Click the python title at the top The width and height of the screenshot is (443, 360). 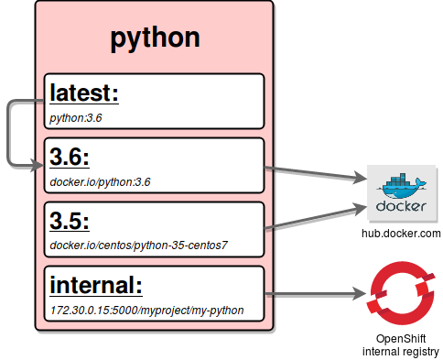tap(155, 38)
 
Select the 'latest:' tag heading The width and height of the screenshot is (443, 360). tap(85, 93)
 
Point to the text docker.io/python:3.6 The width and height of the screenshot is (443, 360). tap(101, 181)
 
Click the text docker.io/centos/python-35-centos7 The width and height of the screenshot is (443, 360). tap(138, 245)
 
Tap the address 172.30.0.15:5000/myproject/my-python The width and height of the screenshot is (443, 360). tap(146, 310)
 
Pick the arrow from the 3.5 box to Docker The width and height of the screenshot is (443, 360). tap(311, 218)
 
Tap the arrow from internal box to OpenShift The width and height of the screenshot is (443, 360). tap(311, 295)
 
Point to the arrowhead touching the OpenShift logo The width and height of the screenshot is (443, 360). tap(358, 295)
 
